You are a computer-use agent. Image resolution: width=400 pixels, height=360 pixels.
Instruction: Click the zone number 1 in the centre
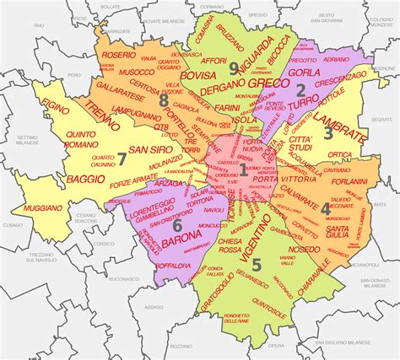tap(243, 170)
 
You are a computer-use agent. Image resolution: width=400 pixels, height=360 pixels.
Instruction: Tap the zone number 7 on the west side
tap(122, 158)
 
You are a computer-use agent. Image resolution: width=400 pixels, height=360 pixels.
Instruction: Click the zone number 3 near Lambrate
tap(328, 133)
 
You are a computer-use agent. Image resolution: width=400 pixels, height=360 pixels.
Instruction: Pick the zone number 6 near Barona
tap(177, 225)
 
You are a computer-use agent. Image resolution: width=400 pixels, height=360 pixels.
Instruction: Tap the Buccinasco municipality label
tap(123, 278)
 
